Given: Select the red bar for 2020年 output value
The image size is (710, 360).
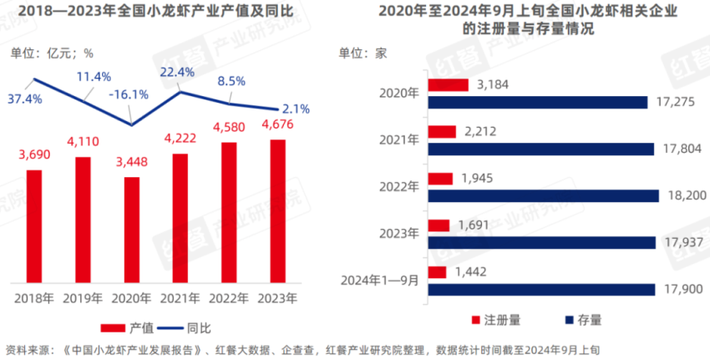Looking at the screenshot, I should click(x=131, y=230).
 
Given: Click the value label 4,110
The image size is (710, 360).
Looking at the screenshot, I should click(x=83, y=141).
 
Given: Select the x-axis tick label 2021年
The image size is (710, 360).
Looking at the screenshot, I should click(x=180, y=297).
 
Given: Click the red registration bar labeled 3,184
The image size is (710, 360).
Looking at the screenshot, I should click(x=447, y=84).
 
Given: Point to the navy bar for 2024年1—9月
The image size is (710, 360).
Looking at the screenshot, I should click(x=540, y=289).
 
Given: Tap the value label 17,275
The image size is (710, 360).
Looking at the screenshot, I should click(x=677, y=102).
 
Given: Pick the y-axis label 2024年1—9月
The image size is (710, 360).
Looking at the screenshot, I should click(x=380, y=280).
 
